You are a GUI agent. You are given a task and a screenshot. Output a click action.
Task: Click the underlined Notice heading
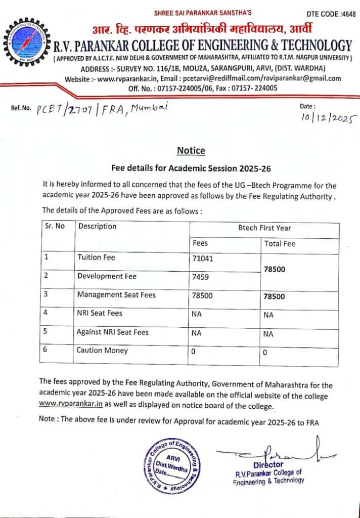(191, 151)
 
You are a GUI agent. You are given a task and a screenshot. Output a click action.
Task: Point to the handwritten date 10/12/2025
(328, 118)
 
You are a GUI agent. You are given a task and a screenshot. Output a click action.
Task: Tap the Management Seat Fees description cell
(116, 294)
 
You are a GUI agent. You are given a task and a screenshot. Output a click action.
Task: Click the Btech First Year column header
(264, 228)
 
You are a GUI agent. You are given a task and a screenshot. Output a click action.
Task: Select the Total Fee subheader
(280, 244)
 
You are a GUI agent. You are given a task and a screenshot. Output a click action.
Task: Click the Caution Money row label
(102, 350)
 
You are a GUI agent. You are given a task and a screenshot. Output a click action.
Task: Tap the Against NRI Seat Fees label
(112, 332)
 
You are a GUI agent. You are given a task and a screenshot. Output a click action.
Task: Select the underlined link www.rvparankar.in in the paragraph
(71, 406)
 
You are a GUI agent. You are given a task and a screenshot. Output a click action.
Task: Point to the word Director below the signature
(268, 464)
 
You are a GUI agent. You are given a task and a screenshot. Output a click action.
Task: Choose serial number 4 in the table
(46, 313)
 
